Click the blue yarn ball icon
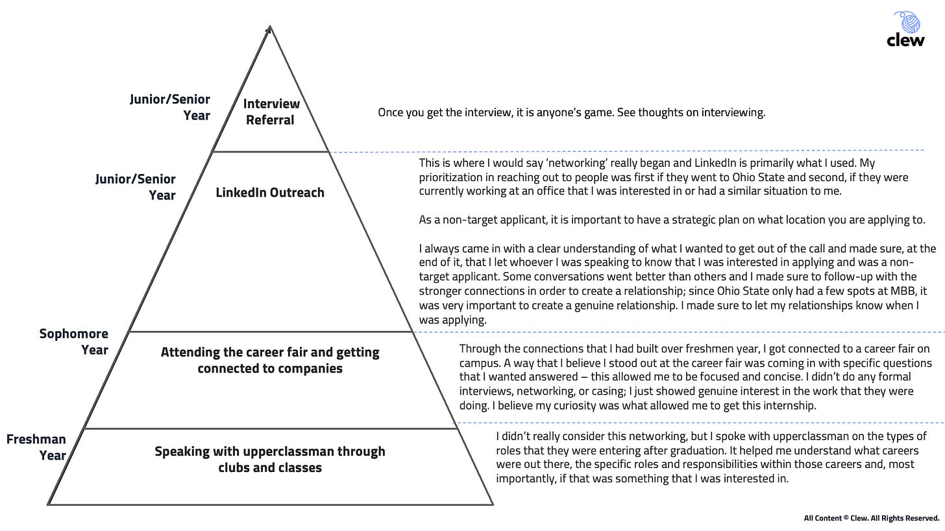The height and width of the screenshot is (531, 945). click(908, 21)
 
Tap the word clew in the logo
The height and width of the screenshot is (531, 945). click(905, 40)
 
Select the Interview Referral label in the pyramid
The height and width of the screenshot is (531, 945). click(271, 112)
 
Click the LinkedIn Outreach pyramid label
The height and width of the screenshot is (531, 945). click(270, 192)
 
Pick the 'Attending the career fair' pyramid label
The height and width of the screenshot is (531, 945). click(270, 360)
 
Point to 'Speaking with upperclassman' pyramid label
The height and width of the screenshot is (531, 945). click(270, 459)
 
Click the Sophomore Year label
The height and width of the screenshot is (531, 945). click(74, 341)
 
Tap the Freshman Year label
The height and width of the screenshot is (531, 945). click(36, 447)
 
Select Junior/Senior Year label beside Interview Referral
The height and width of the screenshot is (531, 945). click(170, 107)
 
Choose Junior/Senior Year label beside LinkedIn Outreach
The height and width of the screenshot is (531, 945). click(136, 187)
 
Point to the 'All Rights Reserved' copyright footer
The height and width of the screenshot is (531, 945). click(871, 518)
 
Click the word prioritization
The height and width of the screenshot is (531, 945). click(449, 177)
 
